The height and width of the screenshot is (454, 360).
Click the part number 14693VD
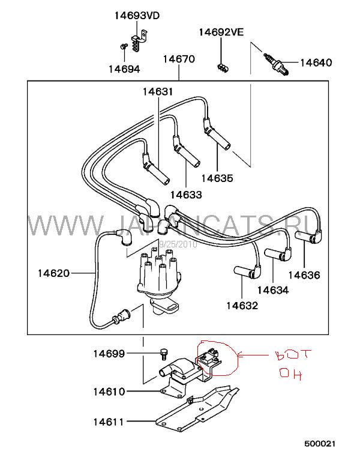(137, 16)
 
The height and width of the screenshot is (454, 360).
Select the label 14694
(124, 69)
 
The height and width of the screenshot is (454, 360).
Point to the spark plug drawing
(277, 63)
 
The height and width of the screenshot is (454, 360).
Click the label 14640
(316, 62)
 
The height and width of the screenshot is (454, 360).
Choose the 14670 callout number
(179, 59)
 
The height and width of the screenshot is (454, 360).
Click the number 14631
(157, 92)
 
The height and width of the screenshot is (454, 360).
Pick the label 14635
(217, 178)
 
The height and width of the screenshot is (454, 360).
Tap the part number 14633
(185, 195)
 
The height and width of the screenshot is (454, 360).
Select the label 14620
(53, 274)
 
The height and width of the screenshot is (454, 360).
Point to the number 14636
(304, 276)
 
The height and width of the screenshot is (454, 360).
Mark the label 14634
(272, 290)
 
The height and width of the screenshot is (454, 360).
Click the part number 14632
(242, 306)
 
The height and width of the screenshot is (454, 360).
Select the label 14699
(109, 354)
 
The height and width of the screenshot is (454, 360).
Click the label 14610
(109, 392)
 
